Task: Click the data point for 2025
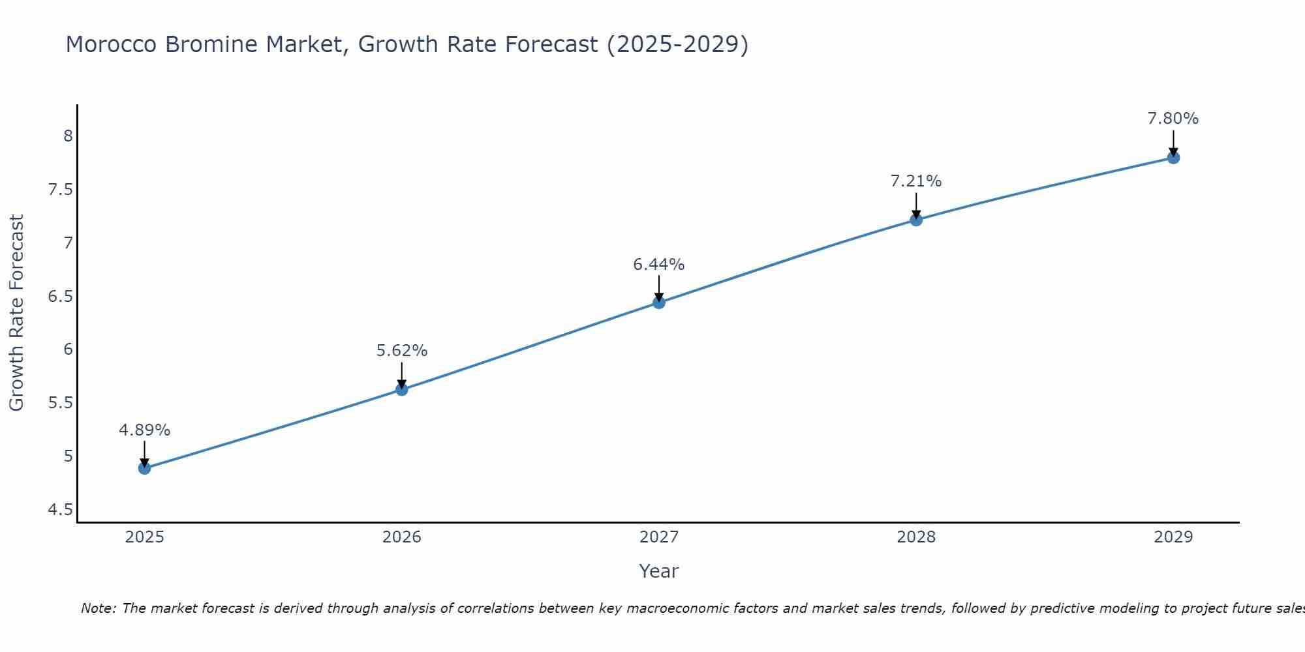(x=144, y=468)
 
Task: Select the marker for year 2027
(x=658, y=303)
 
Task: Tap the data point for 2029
(x=1173, y=158)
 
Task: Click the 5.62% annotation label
(x=401, y=351)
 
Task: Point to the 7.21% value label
(x=915, y=181)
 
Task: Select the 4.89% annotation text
(x=144, y=430)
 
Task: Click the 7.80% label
(x=1173, y=119)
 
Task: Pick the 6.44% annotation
(x=658, y=265)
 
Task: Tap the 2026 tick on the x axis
(x=401, y=537)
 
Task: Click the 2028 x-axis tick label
(x=915, y=537)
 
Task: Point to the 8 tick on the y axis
(x=68, y=136)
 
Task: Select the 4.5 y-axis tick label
(x=60, y=509)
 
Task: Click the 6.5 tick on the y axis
(x=60, y=297)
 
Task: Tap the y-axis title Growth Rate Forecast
(x=16, y=313)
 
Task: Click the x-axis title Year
(x=658, y=571)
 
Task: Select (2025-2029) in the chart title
(x=677, y=44)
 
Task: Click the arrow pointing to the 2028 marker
(x=915, y=206)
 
